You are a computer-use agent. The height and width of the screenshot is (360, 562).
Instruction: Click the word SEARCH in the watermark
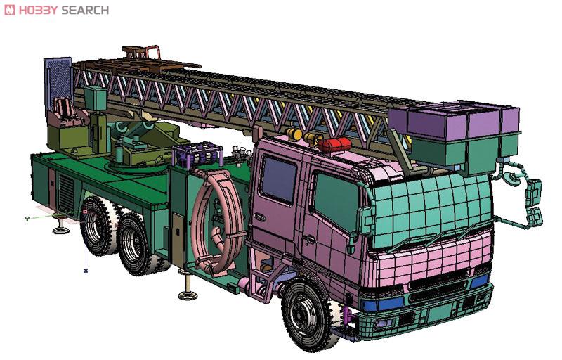click(x=85, y=10)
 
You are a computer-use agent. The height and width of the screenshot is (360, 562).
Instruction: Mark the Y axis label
click(x=27, y=219)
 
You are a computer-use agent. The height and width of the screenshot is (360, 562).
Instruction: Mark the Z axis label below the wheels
click(x=85, y=269)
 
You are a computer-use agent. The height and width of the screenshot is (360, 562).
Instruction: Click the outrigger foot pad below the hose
click(x=187, y=293)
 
